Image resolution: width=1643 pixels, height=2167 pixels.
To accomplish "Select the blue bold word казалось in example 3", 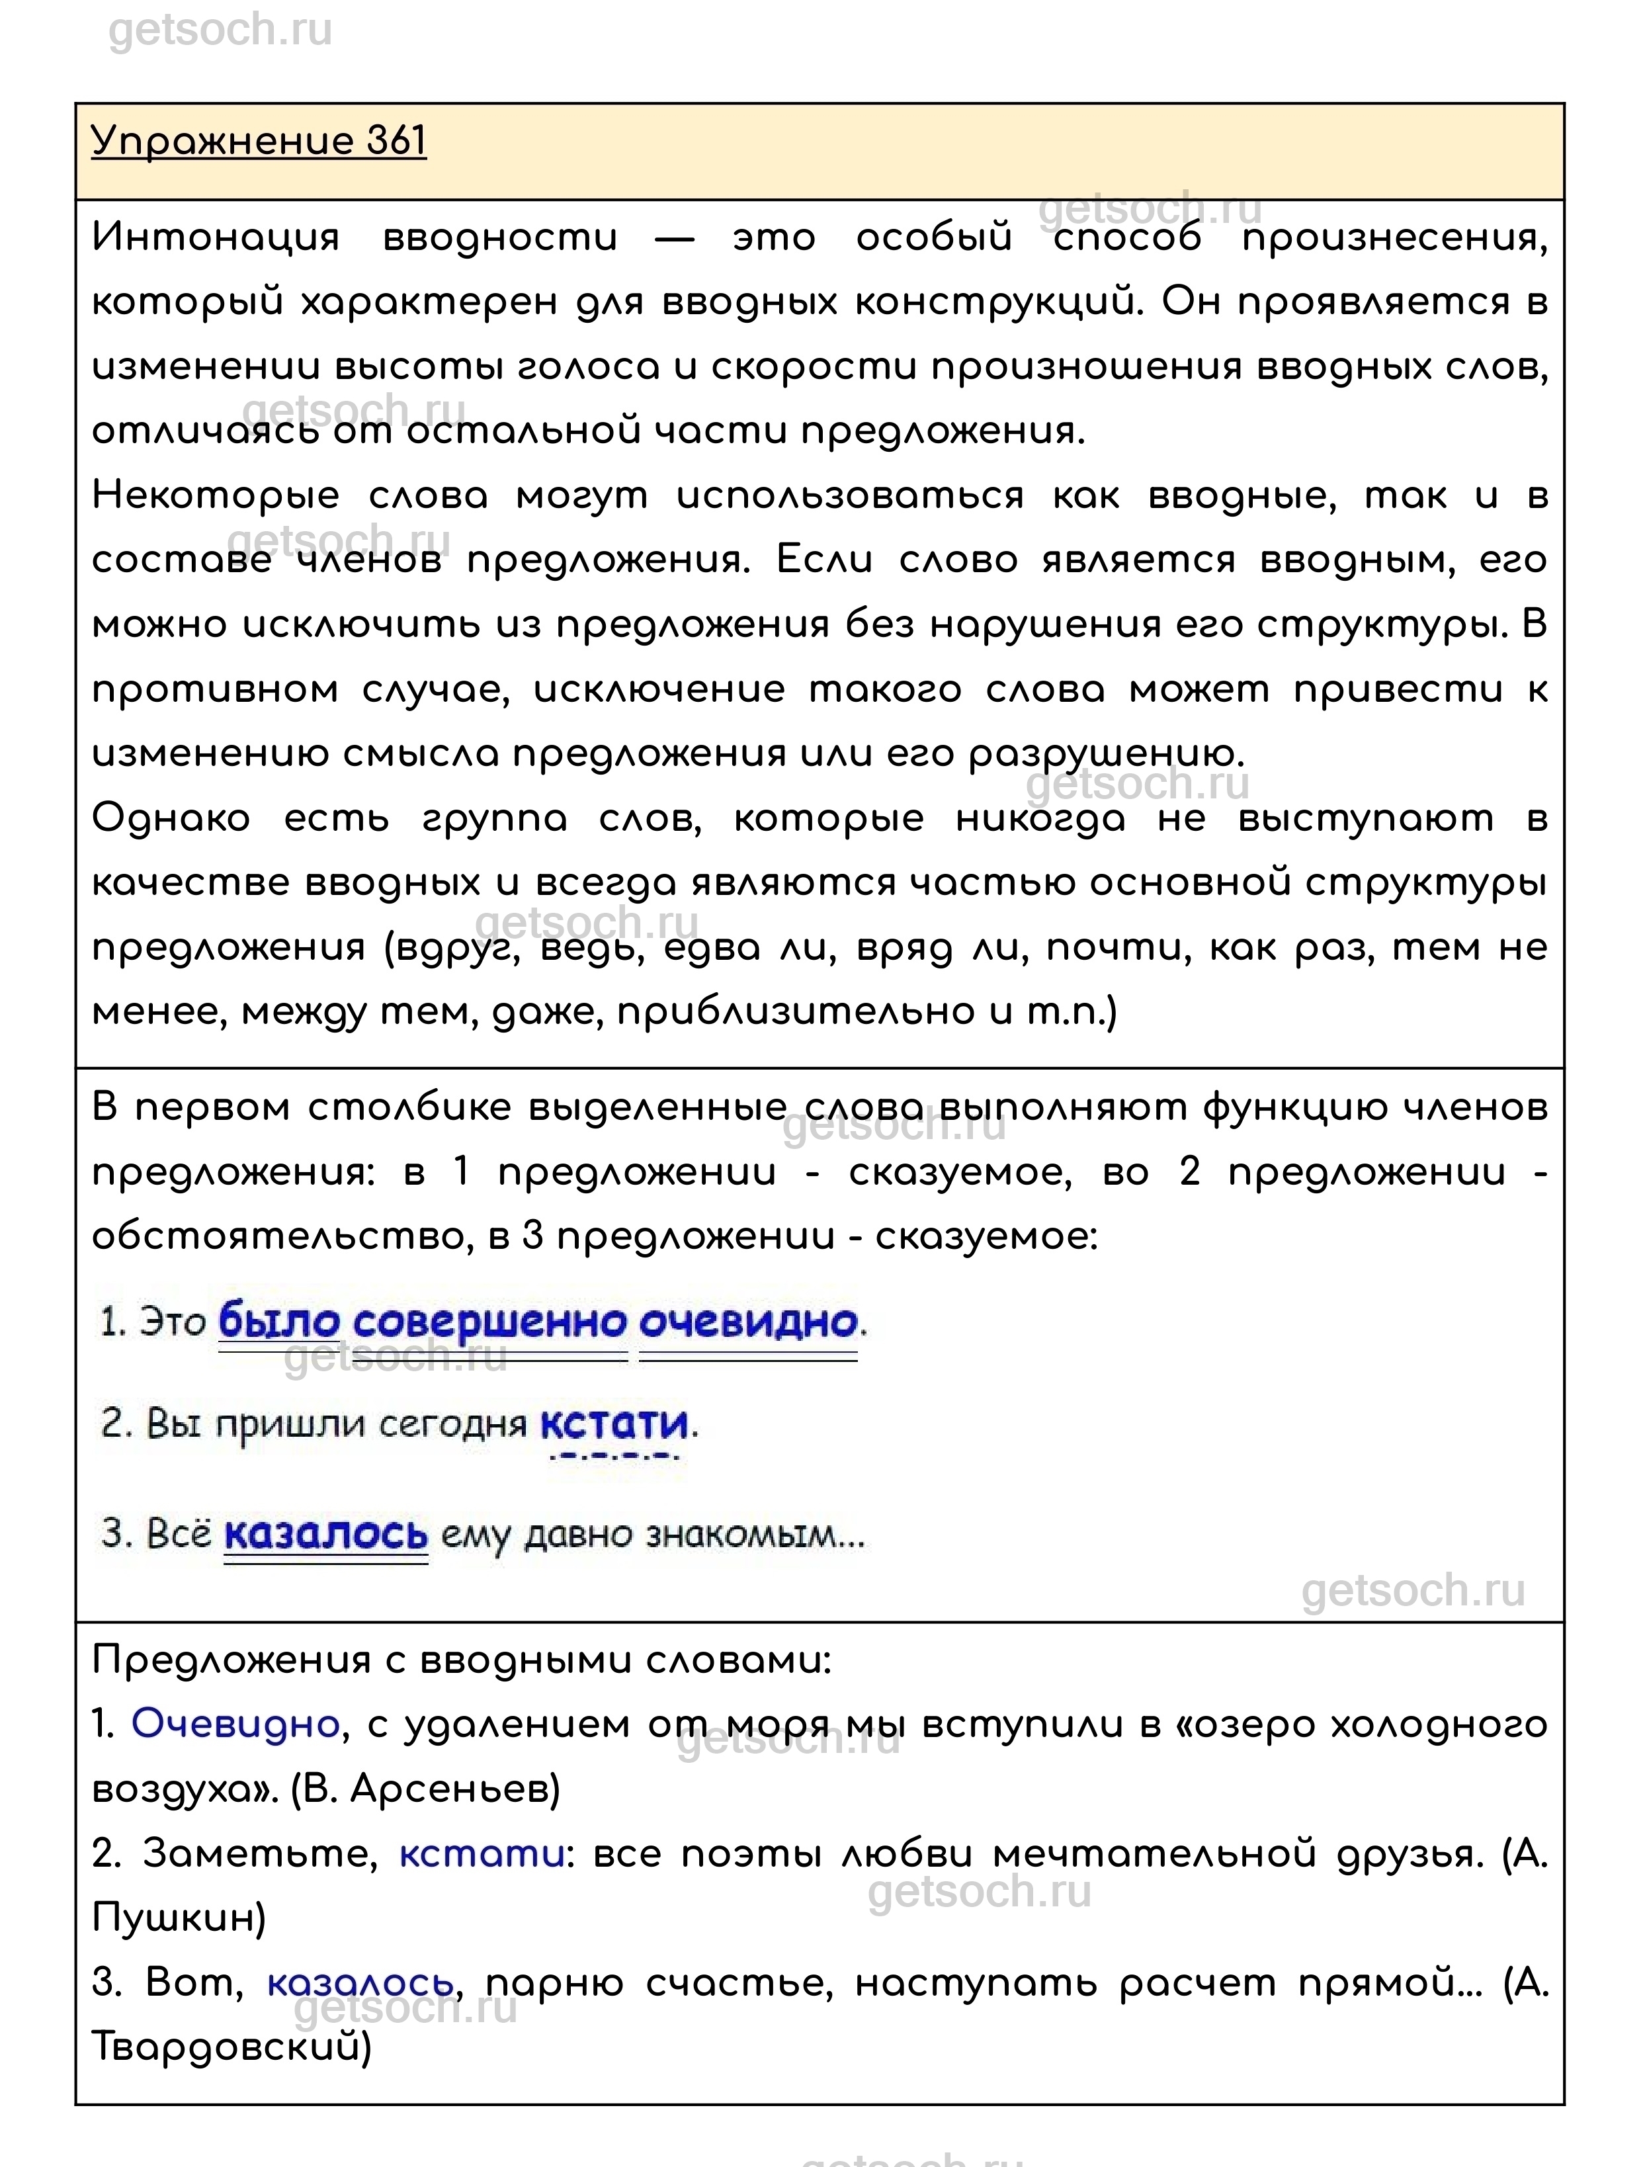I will (326, 1533).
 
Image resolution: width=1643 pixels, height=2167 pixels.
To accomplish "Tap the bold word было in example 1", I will (278, 1322).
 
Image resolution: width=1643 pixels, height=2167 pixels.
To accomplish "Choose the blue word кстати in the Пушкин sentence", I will (482, 1853).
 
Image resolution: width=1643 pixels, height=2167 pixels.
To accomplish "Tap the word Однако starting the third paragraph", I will (171, 819).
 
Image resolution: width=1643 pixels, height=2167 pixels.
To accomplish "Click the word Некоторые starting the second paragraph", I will (216, 497).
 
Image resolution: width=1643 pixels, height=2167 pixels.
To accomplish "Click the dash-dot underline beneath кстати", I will (614, 1457).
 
